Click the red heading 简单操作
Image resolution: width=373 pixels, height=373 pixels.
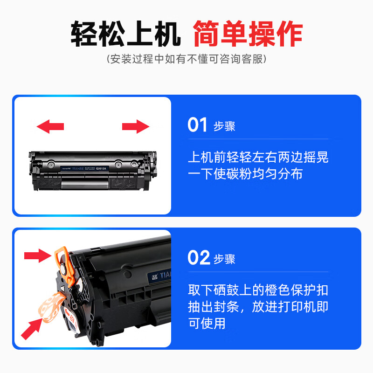[x=248, y=34]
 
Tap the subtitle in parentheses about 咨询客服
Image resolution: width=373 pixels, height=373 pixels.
[x=186, y=59]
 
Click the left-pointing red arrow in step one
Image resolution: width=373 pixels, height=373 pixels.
[x=50, y=125]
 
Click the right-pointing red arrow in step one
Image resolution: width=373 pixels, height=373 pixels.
[x=136, y=125]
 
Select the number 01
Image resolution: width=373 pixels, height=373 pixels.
[x=197, y=125]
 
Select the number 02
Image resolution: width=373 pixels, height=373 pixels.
[x=198, y=258]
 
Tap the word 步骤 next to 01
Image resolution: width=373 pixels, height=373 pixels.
[x=225, y=126]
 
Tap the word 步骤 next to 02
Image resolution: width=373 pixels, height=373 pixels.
[x=225, y=259]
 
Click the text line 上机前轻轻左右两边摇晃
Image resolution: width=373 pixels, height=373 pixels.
[x=258, y=157]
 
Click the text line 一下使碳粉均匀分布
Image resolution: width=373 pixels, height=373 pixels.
[x=245, y=173]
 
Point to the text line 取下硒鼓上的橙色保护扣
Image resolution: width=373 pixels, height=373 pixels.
[x=258, y=290]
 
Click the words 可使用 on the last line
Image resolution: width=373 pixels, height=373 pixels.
[x=207, y=323]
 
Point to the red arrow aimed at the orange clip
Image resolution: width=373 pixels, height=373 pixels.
[x=37, y=255]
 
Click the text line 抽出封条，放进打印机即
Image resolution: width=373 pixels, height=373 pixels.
[x=258, y=307]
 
